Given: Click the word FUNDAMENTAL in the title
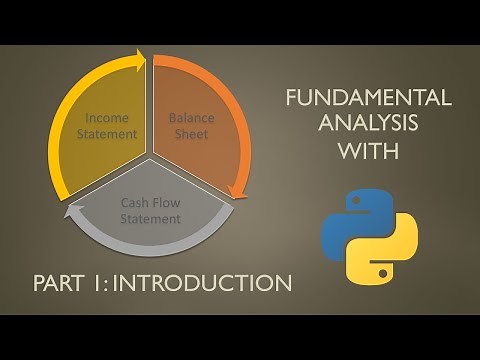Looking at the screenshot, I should pyautogui.click(x=368, y=98).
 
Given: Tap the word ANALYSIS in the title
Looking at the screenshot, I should pyautogui.click(x=368, y=125).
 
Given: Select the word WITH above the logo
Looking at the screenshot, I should pyautogui.click(x=368, y=152).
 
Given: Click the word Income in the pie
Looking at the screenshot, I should pyautogui.click(x=107, y=118).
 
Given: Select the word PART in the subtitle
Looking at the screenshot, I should pyautogui.click(x=58, y=283).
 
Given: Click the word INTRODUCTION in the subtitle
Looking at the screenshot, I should pyautogui.click(x=205, y=283).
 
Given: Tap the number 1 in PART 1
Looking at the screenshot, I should pyautogui.click(x=99, y=283).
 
